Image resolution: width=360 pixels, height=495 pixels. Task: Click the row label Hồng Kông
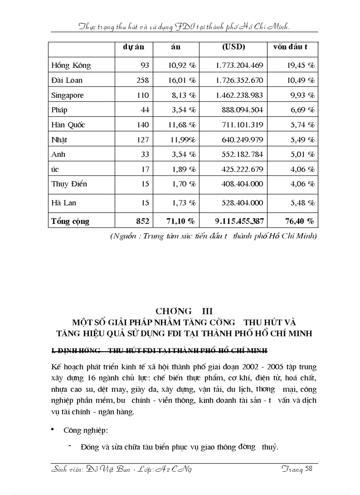tap(71, 65)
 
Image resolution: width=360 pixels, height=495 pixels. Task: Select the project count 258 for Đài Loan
tap(142, 80)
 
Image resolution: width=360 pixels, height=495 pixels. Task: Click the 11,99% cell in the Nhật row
tap(183, 140)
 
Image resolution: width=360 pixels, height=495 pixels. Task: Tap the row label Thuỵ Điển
tap(69, 184)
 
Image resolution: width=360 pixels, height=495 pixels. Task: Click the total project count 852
tap(142, 220)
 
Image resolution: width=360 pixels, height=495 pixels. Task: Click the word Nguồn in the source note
tap(126, 236)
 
